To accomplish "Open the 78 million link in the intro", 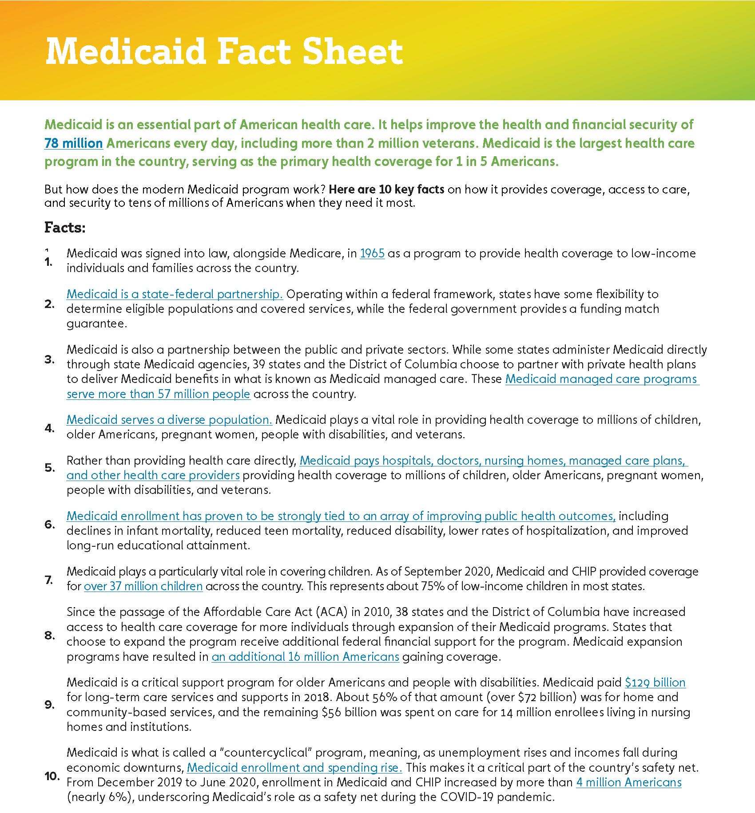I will click(73, 143).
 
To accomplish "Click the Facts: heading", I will click(65, 228).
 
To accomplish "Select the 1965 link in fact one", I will click(372, 253).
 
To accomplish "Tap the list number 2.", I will click(49, 304).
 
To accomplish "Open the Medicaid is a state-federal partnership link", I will click(175, 294).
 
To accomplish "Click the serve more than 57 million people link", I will click(158, 394).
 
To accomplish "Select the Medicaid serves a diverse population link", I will click(169, 420).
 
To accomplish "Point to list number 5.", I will click(49, 468).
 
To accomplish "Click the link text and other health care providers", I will click(153, 475).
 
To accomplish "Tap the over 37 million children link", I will click(143, 586).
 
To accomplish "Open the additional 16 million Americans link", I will click(305, 657).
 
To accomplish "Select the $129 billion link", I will click(655, 683).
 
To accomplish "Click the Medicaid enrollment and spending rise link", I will click(294, 768).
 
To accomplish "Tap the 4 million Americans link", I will click(628, 782).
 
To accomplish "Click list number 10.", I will click(52, 776).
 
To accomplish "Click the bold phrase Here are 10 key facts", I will click(386, 189).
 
